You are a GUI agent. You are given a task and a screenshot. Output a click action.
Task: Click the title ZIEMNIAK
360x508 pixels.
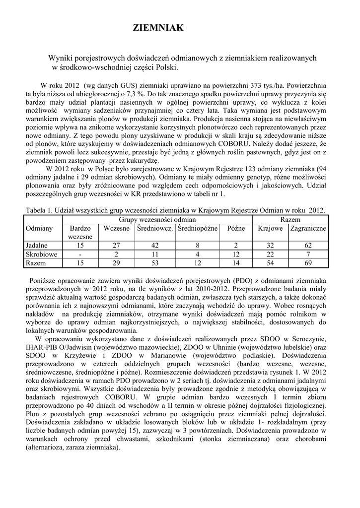pyautogui.click(x=158, y=28)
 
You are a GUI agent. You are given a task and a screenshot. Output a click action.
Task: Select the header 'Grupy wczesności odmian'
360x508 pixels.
pyautogui.click(x=157, y=219)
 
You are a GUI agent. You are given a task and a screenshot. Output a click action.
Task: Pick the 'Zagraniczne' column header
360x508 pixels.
pyautogui.click(x=308, y=229)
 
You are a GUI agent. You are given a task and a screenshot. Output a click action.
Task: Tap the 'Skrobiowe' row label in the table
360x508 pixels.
pyautogui.click(x=41, y=254)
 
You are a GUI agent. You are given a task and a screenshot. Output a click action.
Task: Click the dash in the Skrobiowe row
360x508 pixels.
pyautogui.click(x=80, y=254)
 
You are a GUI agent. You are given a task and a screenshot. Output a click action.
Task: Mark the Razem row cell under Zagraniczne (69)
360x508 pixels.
pyautogui.click(x=308, y=263)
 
